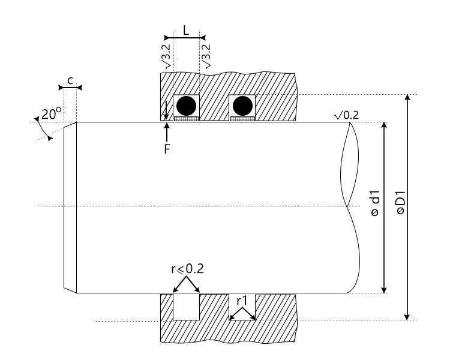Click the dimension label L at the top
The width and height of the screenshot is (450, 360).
[186, 30]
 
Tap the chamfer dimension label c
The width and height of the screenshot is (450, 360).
[70, 80]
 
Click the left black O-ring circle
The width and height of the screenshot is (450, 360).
[186, 106]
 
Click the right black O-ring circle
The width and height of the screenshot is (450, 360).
[242, 106]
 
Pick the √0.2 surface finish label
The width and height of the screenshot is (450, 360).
[346, 115]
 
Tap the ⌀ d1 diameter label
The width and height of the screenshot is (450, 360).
[374, 204]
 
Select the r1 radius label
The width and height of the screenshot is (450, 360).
[242, 299]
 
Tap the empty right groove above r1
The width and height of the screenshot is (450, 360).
[243, 304]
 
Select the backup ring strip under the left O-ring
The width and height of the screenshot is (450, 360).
[186, 119]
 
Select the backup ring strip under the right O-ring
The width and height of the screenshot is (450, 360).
[242, 119]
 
